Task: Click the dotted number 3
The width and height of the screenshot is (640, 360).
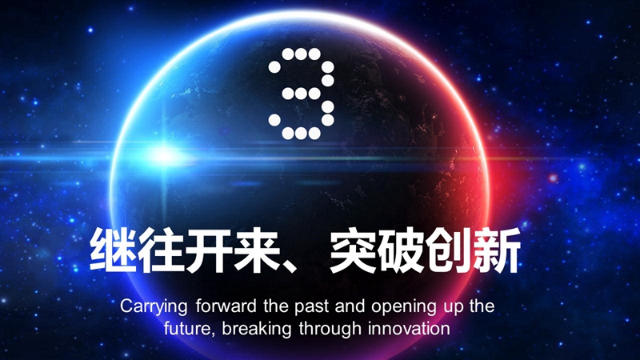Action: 301,94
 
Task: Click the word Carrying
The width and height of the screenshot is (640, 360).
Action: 153,307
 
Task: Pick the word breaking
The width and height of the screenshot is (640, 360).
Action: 258,329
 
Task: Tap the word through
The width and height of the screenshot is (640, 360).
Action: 330,329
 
